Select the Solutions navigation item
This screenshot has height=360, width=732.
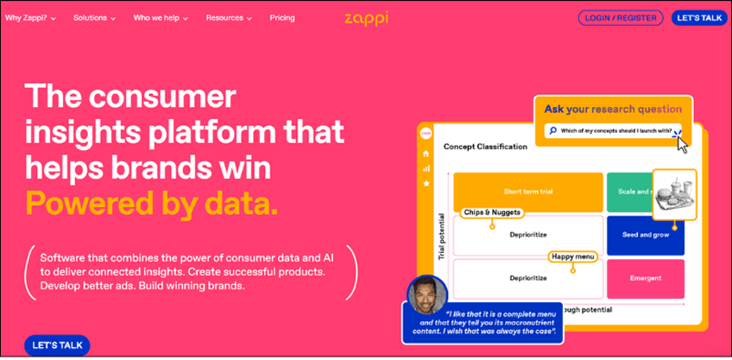pyautogui.click(x=95, y=17)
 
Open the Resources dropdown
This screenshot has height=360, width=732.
pyautogui.click(x=229, y=17)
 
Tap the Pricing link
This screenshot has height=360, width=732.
pyautogui.click(x=281, y=17)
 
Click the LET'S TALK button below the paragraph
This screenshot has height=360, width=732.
pyautogui.click(x=57, y=345)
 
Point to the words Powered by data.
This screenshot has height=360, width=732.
pyautogui.click(x=152, y=204)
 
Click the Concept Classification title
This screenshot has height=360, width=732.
pyautogui.click(x=485, y=147)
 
